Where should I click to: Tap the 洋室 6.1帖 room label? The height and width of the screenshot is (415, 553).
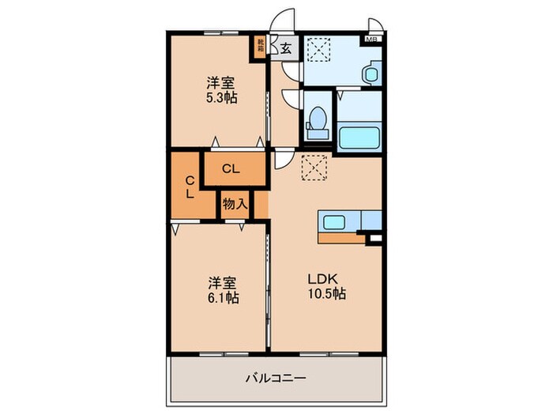point(223,290)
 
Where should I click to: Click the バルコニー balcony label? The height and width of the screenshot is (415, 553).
point(276,377)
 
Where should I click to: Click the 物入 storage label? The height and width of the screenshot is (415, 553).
point(235,204)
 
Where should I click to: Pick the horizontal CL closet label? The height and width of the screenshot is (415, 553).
point(231,168)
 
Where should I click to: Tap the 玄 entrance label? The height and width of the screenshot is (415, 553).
point(285,48)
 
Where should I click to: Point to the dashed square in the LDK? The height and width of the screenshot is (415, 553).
point(314,167)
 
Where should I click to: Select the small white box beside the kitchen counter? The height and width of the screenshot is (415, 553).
point(374,237)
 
